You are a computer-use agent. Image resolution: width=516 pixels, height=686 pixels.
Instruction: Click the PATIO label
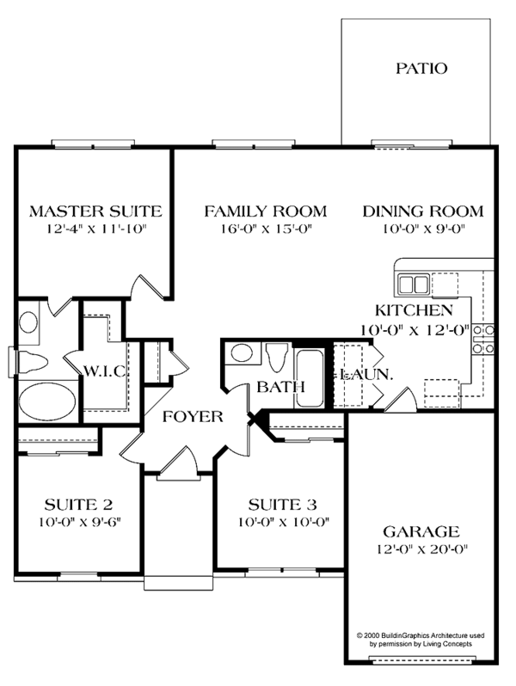coord(421,68)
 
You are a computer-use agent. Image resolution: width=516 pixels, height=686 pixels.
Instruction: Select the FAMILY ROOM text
coord(265,211)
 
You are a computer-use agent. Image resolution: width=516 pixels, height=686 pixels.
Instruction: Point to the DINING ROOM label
coord(422,211)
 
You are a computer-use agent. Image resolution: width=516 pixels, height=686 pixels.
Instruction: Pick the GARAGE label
coord(421,531)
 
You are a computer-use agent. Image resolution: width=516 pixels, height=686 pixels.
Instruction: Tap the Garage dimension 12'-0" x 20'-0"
coord(421,548)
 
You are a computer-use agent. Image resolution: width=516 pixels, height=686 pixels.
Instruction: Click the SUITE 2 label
coord(78,504)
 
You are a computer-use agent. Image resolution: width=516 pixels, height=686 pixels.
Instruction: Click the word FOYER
coord(194,418)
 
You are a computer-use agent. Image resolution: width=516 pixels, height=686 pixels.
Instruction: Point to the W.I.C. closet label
coord(106,371)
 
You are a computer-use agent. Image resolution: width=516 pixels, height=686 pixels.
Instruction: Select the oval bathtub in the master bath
coord(46,401)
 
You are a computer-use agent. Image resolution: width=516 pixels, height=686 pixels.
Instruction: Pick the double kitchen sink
coord(413,284)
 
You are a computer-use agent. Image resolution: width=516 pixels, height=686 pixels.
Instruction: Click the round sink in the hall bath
coord(242,354)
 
